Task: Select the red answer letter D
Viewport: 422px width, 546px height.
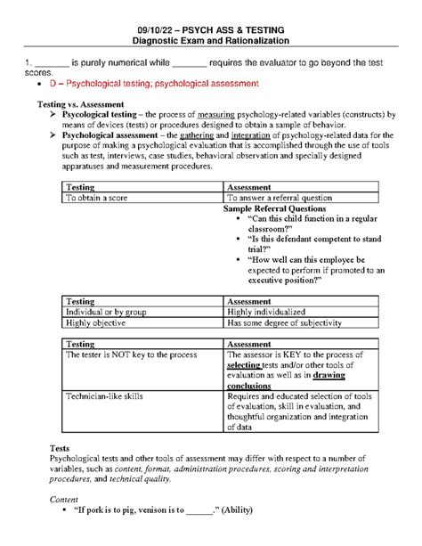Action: pyautogui.click(x=53, y=83)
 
